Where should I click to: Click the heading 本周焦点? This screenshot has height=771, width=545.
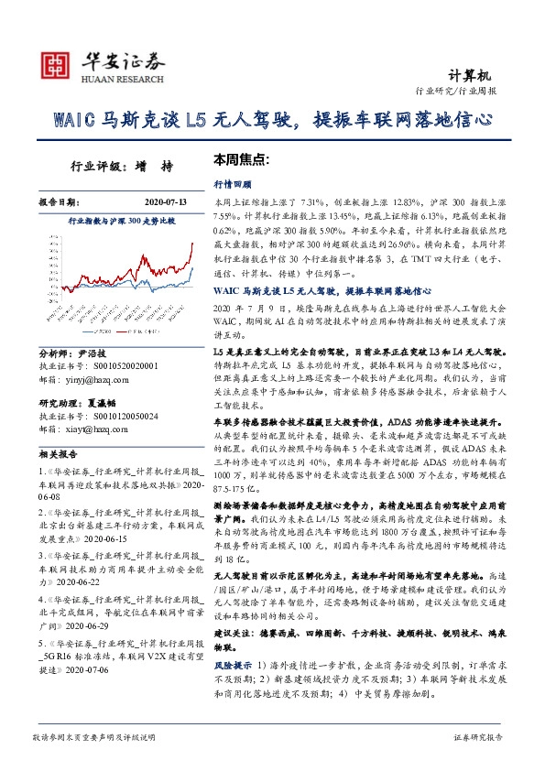pos(240,158)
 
